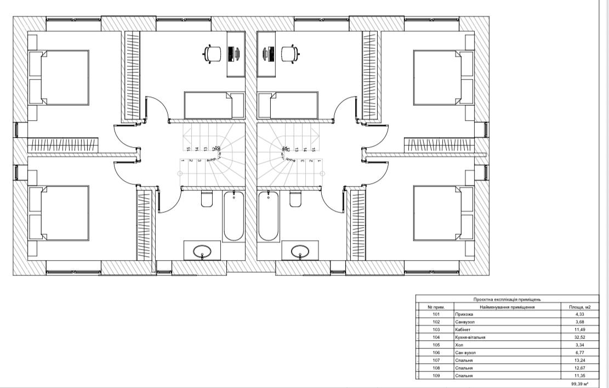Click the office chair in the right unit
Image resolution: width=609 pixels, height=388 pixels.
click(289, 53)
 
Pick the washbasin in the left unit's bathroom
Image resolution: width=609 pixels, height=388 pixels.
click(203, 252)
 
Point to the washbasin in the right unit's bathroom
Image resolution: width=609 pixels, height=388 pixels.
click(300, 252)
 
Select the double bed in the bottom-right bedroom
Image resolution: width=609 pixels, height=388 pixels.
click(437, 213)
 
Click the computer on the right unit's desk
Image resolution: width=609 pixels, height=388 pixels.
click(268, 54)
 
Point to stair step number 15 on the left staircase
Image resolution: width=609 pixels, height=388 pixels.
click(188, 149)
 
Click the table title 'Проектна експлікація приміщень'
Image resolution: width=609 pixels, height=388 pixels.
click(507, 300)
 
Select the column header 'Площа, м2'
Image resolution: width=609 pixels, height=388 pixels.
click(579, 307)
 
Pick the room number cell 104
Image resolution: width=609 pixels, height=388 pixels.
click(436, 338)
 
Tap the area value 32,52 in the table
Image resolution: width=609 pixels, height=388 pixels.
click(579, 338)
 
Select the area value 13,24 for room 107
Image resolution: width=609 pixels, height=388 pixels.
click(579, 361)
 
